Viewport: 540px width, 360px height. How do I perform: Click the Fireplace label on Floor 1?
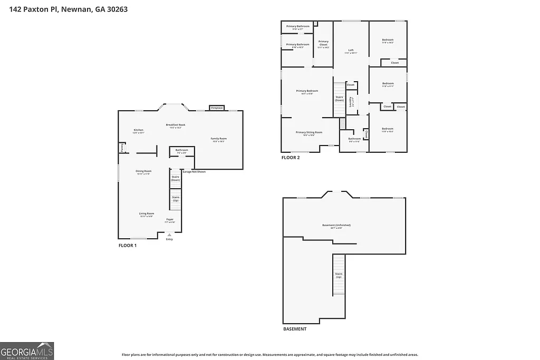[x=217, y=108]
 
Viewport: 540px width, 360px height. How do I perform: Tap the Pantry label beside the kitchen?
[x=122, y=148]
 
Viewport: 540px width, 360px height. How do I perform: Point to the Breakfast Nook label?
[x=175, y=125]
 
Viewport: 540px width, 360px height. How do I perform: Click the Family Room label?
[x=219, y=140]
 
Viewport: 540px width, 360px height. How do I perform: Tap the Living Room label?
[x=146, y=215]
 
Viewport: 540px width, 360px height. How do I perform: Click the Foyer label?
[x=170, y=220]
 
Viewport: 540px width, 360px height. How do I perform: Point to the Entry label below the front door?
[x=169, y=239]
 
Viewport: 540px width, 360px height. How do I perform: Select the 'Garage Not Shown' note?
[x=194, y=172]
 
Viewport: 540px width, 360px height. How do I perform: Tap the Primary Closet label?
[x=323, y=43]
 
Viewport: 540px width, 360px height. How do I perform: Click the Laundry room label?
[x=351, y=101]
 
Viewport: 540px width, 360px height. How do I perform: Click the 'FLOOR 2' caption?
[x=291, y=158]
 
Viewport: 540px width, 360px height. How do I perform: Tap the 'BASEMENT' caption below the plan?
[x=294, y=329]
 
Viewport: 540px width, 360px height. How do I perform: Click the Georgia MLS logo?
[x=27, y=351]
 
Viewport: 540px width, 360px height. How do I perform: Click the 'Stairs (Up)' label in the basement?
[x=339, y=275]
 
